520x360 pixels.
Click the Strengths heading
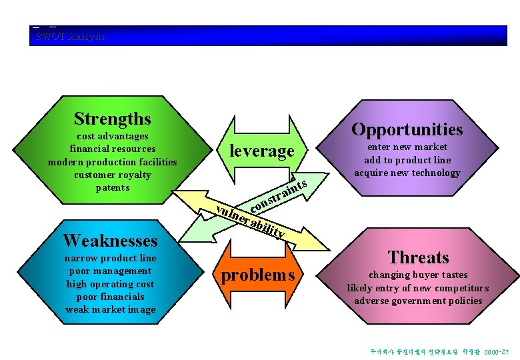pos(112,119)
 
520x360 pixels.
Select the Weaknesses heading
pos(110,240)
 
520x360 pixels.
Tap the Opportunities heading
pos(407,129)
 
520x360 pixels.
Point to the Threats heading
pos(419,257)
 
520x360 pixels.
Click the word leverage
pos(261,151)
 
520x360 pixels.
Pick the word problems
pos(257,275)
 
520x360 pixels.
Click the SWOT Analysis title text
pos(69,36)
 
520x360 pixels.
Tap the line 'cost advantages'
pos(112,136)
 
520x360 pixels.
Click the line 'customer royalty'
pos(112,175)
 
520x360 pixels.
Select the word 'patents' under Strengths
pos(112,187)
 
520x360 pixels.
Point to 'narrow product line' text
pos(110,258)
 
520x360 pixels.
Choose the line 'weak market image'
pos(110,309)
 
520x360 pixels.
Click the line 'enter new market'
pos(407,147)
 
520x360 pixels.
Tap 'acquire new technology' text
pos(407,173)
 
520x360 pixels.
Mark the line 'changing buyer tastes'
pos(418,275)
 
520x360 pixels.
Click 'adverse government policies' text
pos(418,301)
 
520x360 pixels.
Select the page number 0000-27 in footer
pos(497,351)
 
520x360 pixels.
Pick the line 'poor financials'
pos(110,297)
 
